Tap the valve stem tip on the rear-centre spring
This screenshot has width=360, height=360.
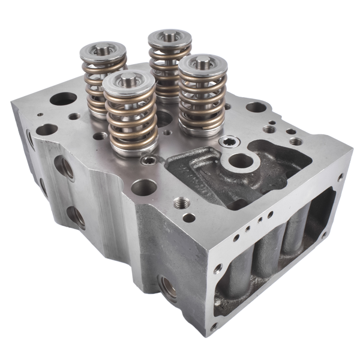click(x=170, y=37)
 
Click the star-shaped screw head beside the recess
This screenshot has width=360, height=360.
click(x=228, y=142)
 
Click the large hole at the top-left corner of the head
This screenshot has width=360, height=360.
click(x=64, y=98)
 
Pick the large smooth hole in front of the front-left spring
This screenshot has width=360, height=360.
click(x=143, y=187)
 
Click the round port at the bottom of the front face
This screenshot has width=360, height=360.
click(x=169, y=289)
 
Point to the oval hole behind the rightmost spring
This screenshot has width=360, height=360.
click(x=256, y=107)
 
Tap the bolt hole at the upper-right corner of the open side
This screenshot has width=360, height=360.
click(x=340, y=178)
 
